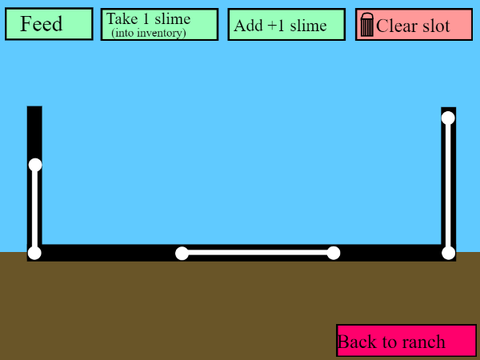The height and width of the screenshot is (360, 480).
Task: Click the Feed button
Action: coord(49,24)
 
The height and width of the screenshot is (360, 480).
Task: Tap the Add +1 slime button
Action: coord(286,25)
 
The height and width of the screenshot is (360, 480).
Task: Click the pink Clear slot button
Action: coord(414,25)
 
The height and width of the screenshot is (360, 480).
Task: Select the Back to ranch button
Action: coord(406,341)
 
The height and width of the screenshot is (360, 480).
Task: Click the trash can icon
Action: coord(367,25)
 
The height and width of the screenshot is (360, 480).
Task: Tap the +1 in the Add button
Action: coord(276,26)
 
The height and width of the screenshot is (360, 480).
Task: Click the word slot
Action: coord(436,26)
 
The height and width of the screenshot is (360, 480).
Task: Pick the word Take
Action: coord(122,19)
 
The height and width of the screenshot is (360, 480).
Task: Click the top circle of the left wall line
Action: coord(35,165)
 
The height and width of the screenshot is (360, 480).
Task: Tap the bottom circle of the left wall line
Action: coord(34,253)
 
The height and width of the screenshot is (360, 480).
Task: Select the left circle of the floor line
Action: coord(182,253)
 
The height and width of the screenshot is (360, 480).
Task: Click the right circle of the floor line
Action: coord(333,253)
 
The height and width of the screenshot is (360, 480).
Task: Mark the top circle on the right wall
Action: coord(448,118)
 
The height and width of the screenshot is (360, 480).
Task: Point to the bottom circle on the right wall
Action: coord(448,253)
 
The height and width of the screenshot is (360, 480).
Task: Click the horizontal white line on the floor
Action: coord(258,253)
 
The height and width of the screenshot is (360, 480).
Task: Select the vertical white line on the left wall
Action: coord(35,209)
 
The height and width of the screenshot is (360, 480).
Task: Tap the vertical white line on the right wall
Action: coord(448,186)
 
